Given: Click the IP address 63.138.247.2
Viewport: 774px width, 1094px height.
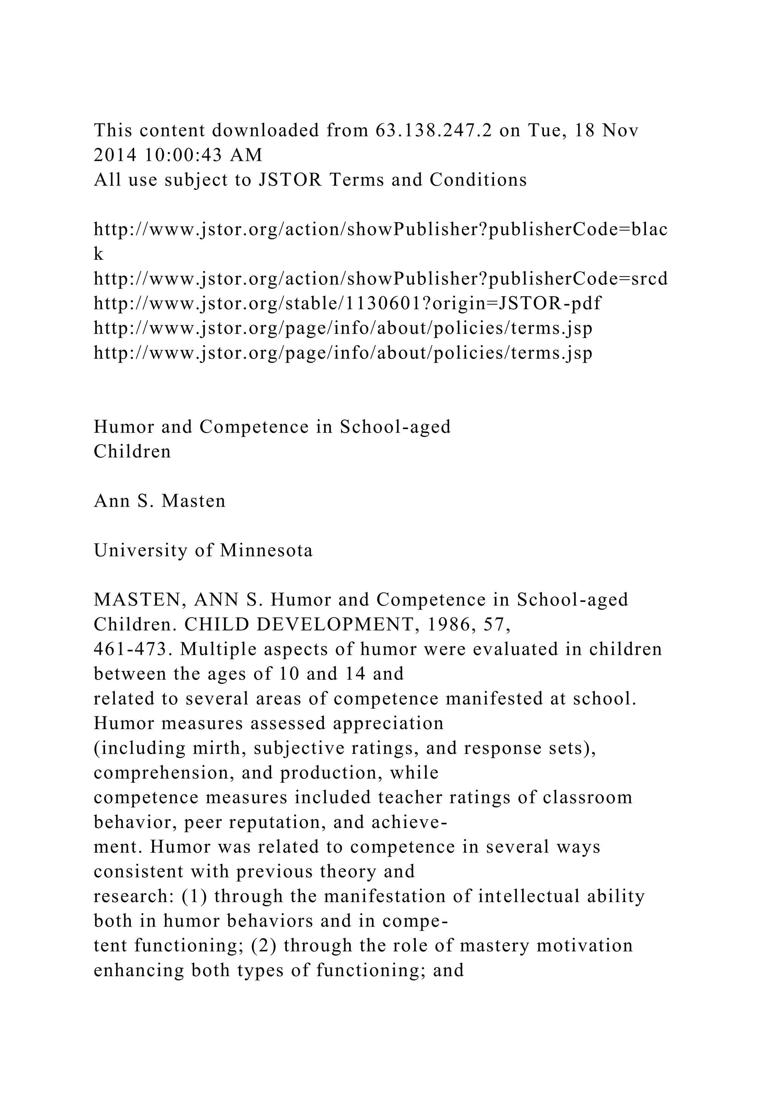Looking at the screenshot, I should [433, 130].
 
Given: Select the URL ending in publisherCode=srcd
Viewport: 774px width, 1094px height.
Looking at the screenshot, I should [380, 278].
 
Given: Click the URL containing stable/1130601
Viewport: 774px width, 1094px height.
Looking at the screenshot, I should [347, 303].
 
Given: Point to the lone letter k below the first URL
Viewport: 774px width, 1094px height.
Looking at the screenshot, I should [98, 254].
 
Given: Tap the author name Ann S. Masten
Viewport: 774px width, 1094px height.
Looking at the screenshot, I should [159, 501].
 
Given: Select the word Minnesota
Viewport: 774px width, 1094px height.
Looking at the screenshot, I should [266, 550].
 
